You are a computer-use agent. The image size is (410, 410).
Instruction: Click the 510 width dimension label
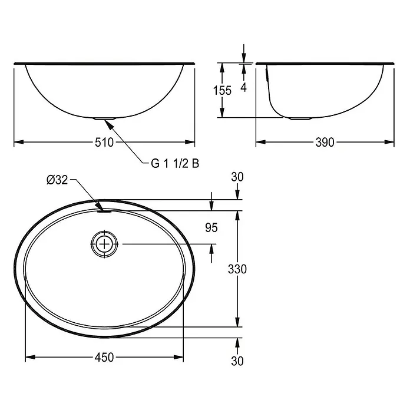click(104, 143)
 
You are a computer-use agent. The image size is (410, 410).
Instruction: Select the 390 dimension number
click(325, 143)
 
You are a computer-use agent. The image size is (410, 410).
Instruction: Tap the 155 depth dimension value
click(222, 91)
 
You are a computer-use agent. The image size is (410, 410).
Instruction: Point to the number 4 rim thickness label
click(243, 87)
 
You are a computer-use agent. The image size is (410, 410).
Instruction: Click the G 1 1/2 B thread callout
click(175, 164)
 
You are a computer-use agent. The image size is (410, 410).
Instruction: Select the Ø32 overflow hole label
click(57, 180)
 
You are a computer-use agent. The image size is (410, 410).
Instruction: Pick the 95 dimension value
click(211, 228)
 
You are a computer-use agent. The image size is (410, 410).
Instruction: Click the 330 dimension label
click(237, 269)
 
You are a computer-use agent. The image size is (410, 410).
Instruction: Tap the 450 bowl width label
click(104, 358)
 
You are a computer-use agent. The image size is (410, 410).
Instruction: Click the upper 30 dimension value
click(237, 177)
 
